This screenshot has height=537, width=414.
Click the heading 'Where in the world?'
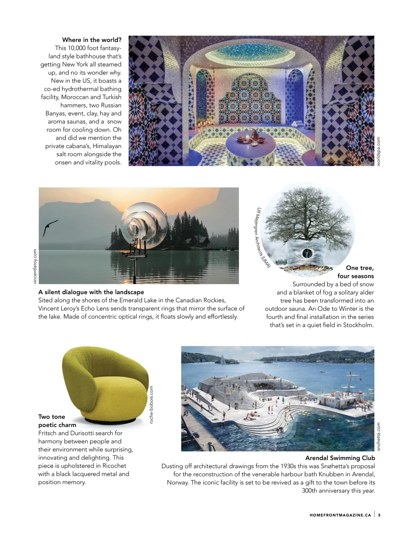92,40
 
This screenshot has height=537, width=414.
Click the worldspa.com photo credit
378,151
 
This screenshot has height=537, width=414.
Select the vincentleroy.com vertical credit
34,266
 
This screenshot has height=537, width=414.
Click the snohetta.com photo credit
378,436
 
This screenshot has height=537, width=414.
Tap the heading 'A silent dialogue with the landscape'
91,292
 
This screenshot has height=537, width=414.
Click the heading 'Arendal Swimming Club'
340,458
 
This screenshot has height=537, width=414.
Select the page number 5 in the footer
379,515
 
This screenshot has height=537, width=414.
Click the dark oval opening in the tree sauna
306,253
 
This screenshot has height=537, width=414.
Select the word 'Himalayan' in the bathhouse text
107,146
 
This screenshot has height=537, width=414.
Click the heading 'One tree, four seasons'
356,272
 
